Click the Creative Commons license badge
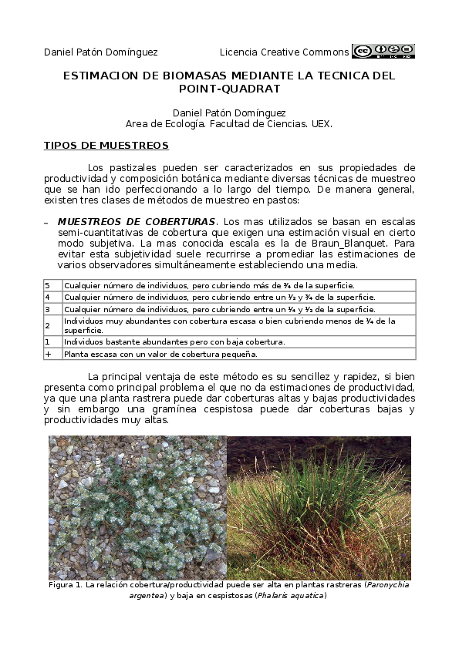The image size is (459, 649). click(x=383, y=52)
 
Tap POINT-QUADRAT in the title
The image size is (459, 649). click(x=229, y=89)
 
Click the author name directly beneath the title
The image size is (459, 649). click(x=229, y=113)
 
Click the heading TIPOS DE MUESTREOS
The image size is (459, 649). click(x=106, y=146)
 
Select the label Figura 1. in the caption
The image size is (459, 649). click(x=66, y=586)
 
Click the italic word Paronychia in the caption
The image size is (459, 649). click(x=387, y=586)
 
